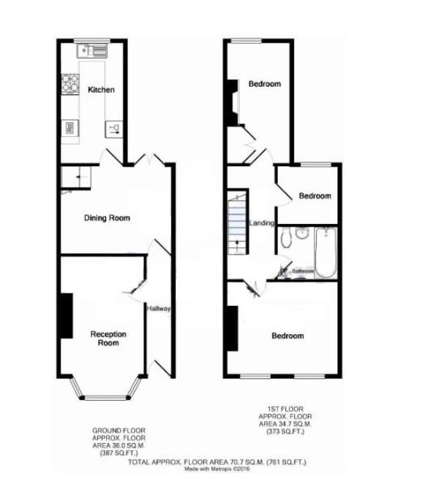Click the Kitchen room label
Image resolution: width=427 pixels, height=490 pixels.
coord(101,90)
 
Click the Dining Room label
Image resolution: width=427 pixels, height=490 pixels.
coord(108,218)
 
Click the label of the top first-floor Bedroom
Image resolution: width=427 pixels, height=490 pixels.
coord(264,84)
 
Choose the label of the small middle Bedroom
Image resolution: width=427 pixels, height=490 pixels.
coord(314,196)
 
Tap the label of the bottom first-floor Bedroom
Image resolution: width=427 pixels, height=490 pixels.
coord(288,336)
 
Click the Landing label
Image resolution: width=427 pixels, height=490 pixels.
coord(262,223)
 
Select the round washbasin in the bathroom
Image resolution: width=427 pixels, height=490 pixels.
coord(303,233)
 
